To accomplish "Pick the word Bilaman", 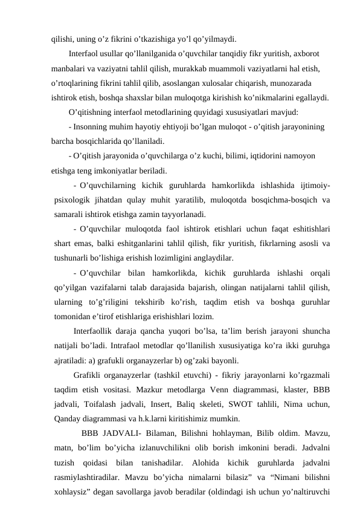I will [176, 433].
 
